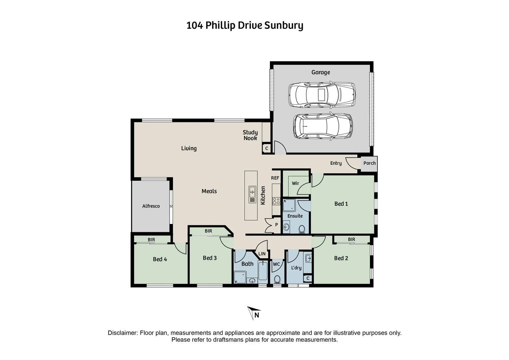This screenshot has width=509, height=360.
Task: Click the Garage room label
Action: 320,72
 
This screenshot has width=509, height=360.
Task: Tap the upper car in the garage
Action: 321,95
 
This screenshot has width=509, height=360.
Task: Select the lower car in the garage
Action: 322,126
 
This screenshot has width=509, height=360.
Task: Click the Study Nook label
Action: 250,135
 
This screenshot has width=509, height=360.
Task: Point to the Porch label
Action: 369,163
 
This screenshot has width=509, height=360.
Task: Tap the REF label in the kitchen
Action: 275,178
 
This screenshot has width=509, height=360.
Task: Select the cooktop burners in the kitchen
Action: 276,201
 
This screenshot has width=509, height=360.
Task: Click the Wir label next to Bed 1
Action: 295,183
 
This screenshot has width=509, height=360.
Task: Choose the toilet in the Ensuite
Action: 302,229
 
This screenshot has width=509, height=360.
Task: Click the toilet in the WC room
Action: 277,279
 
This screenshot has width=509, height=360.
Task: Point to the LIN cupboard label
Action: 262,254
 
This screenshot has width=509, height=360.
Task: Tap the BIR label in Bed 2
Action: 351,239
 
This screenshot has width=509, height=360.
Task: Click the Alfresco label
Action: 151,206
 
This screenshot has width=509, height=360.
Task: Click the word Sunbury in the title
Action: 284,26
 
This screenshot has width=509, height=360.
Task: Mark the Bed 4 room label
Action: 160,259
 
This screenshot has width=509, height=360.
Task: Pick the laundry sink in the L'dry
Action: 308,258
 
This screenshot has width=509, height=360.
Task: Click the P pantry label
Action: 276,225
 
